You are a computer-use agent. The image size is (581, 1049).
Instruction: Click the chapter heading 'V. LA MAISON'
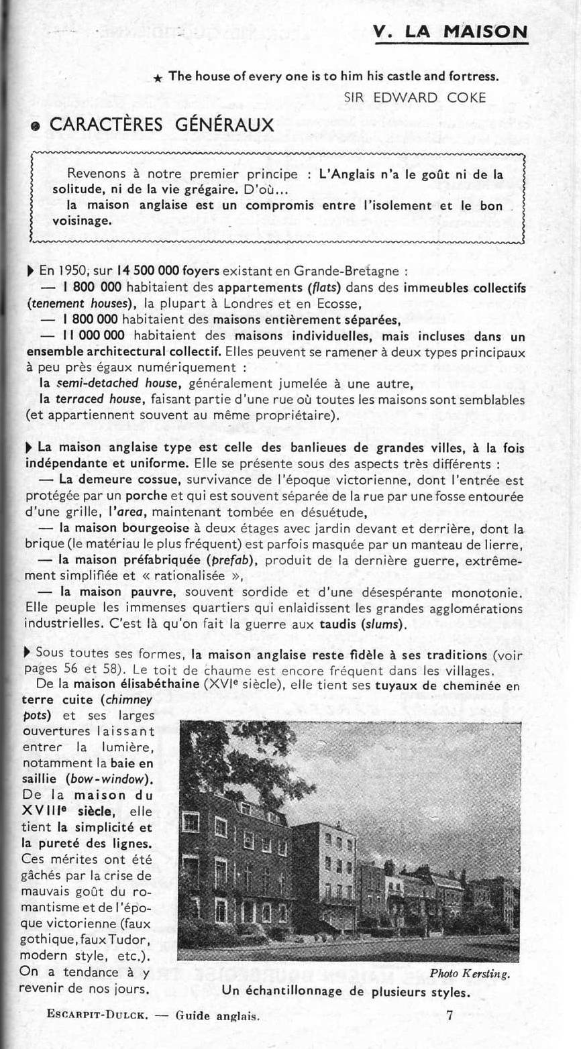point(451,32)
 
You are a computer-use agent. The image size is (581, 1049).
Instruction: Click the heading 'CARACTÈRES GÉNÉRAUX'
point(162,125)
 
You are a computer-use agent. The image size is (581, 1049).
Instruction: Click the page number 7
point(450,1015)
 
